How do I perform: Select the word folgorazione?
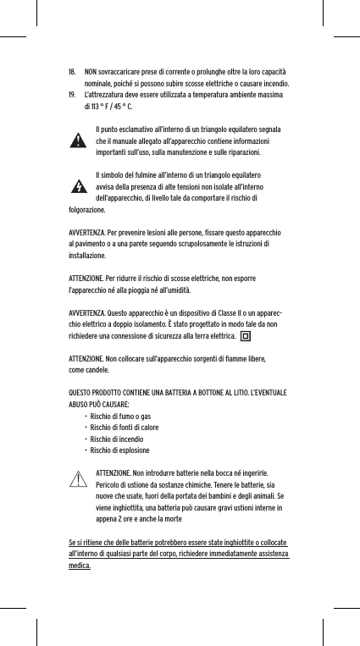[x=87, y=208]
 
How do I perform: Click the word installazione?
[x=87, y=254]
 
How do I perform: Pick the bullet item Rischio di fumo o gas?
[x=120, y=417]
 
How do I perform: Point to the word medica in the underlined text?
[x=80, y=566]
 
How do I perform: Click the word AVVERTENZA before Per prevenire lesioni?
[x=86, y=231]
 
